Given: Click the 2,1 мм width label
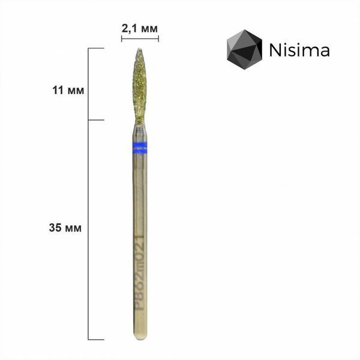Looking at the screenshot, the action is point(140,29).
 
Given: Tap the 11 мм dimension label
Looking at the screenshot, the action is point(68,90).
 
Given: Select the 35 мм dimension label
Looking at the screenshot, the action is point(65,228).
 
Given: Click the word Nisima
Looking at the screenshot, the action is point(299,50).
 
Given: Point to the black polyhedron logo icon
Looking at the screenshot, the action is point(245,49).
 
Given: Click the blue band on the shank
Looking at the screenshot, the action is point(140,148).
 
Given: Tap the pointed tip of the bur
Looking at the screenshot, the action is point(139,49).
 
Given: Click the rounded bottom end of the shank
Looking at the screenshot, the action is point(140,337).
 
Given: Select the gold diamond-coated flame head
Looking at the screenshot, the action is point(139,85).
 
